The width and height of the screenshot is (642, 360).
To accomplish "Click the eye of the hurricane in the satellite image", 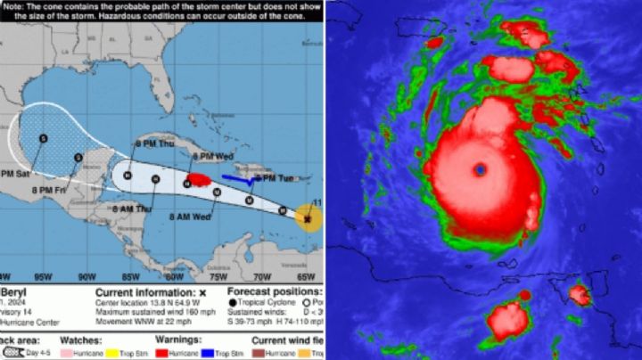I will [481, 168].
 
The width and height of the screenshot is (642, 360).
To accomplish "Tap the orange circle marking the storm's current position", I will [309, 217].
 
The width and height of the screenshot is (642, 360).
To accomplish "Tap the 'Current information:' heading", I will [144, 291].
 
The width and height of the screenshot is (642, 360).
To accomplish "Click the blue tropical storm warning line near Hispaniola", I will [236, 179].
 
